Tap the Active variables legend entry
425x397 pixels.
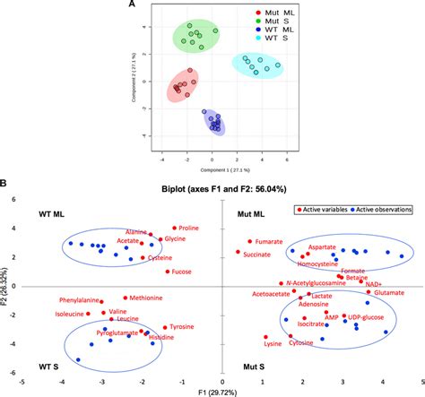point(332,209)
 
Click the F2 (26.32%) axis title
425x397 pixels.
point(8,289)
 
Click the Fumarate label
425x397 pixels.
point(270,241)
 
